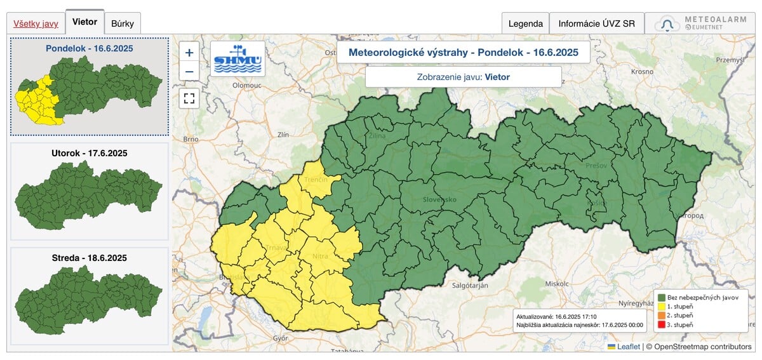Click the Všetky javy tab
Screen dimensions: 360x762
pyautogui.click(x=36, y=23)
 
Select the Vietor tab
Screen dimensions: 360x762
pyautogui.click(x=84, y=22)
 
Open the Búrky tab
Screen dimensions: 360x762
pyautogui.click(x=123, y=23)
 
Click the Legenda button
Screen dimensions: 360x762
pyautogui.click(x=525, y=23)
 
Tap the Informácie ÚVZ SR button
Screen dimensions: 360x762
pyautogui.click(x=596, y=23)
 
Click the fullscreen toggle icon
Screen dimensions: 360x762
pyautogui.click(x=189, y=98)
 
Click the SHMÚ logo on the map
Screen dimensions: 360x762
pyautogui.click(x=237, y=59)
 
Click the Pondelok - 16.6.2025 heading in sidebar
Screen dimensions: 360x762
pyautogui.click(x=89, y=48)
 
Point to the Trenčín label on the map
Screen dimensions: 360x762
pyautogui.click(x=316, y=180)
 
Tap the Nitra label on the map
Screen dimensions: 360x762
pyautogui.click(x=321, y=257)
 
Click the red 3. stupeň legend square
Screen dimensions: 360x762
pyautogui.click(x=662, y=324)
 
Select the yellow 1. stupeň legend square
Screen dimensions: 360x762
pyautogui.click(x=662, y=306)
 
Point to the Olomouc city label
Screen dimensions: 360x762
pyautogui.click(x=247, y=84)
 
